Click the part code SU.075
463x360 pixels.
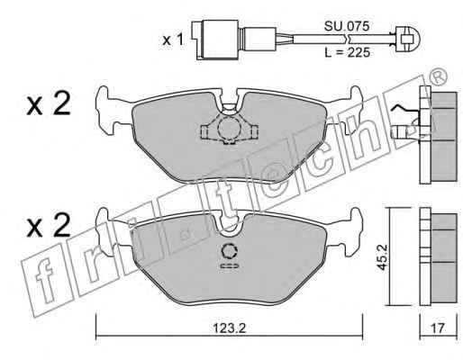pos(347,27)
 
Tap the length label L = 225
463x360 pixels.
pos(348,53)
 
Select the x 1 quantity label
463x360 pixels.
pos(173,40)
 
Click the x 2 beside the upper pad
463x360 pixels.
pos(49,103)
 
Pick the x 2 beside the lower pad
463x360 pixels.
pos(49,225)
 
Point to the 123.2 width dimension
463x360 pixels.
pos(230,328)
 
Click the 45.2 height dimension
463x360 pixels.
pos(383,257)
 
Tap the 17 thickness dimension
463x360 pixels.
pos(438,328)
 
